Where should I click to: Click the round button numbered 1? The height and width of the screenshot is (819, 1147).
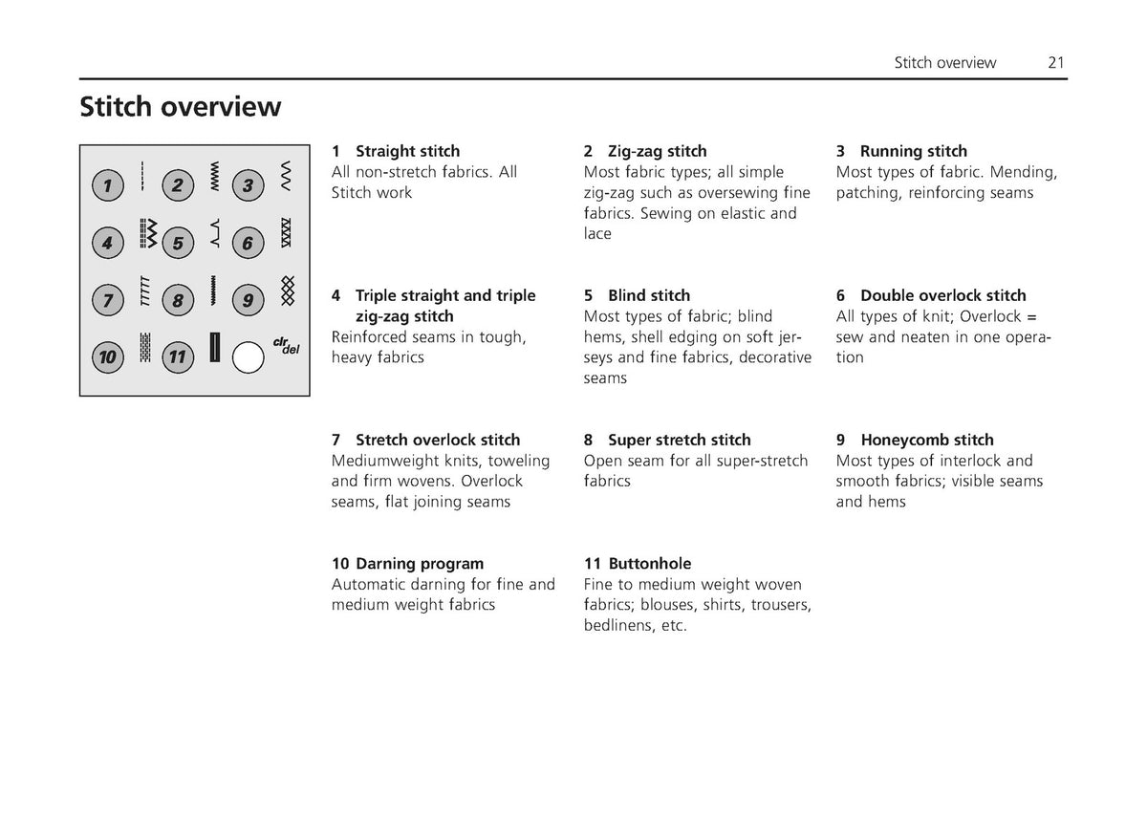(107, 185)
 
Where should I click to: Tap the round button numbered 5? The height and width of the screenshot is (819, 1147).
(178, 243)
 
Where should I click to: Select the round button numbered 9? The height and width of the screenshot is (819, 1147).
(248, 300)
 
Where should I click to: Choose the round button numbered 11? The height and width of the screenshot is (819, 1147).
(178, 357)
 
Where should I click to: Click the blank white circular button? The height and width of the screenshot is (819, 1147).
(248, 357)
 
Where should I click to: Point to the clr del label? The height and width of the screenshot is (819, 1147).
(286, 346)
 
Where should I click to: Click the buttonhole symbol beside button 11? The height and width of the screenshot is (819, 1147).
(215, 347)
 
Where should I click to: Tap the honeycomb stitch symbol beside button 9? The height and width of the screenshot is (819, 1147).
(288, 291)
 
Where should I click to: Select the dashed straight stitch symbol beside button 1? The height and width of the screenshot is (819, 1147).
(142, 176)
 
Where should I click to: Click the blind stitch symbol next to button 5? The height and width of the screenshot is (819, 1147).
(216, 233)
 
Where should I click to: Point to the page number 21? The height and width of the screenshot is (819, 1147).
(1056, 62)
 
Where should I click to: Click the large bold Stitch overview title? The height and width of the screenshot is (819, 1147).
(181, 106)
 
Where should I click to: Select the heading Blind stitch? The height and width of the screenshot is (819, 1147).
(649, 295)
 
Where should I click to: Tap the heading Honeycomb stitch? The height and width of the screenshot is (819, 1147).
(927, 440)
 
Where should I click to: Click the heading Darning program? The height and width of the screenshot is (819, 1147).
(420, 564)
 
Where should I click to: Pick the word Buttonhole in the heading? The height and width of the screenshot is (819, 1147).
(650, 564)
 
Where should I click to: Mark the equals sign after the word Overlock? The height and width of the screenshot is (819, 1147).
(1031, 317)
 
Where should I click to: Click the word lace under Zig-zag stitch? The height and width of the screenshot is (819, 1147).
(597, 234)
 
